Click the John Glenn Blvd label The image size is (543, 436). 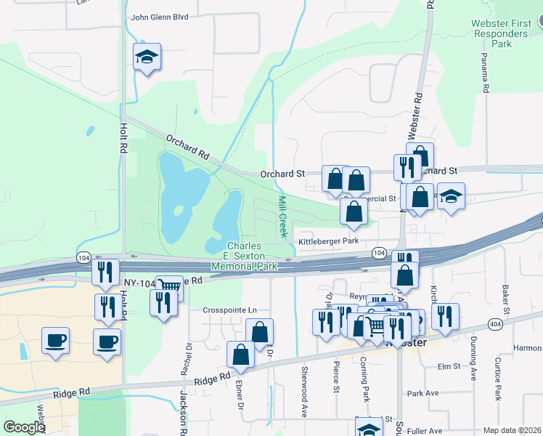[x=159, y=17]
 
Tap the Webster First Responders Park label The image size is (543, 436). [x=501, y=33]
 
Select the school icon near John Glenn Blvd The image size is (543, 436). [x=147, y=59]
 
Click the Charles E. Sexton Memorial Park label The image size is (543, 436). [x=243, y=257]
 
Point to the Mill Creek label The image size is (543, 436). [x=282, y=216]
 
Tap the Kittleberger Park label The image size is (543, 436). [x=329, y=241]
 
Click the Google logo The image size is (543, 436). [x=24, y=427]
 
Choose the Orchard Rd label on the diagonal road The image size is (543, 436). [x=187, y=147]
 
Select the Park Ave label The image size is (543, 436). [x=423, y=393]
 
